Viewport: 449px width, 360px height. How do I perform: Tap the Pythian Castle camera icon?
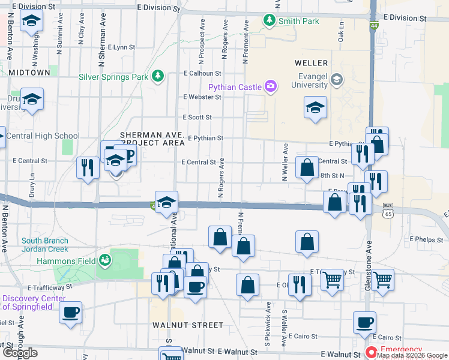[x=271, y=87]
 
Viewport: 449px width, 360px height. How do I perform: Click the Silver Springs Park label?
[x=113, y=77]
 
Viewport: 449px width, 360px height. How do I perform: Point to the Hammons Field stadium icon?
[x=106, y=260]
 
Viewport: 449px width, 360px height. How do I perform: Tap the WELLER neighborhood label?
[x=311, y=63]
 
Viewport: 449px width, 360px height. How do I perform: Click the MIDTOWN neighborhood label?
[x=29, y=73]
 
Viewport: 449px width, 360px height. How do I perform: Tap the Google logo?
[x=20, y=353]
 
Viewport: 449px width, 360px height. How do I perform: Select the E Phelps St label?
[x=426, y=239]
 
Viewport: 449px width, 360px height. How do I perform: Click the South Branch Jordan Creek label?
[x=45, y=245]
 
